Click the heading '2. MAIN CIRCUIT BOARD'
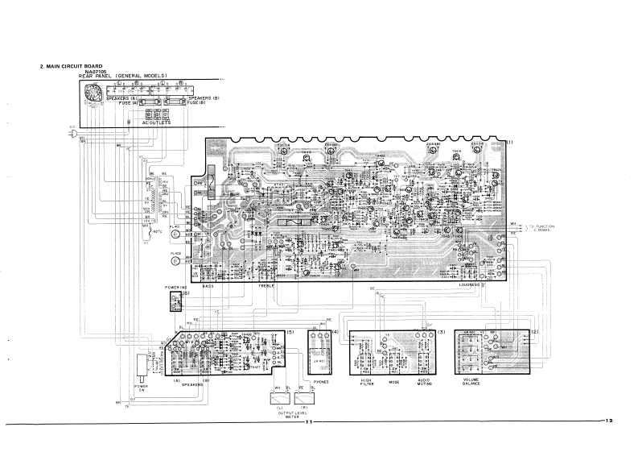(72, 66)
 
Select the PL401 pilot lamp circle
(175, 235)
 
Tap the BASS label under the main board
(208, 285)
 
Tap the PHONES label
(321, 382)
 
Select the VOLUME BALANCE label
(471, 381)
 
